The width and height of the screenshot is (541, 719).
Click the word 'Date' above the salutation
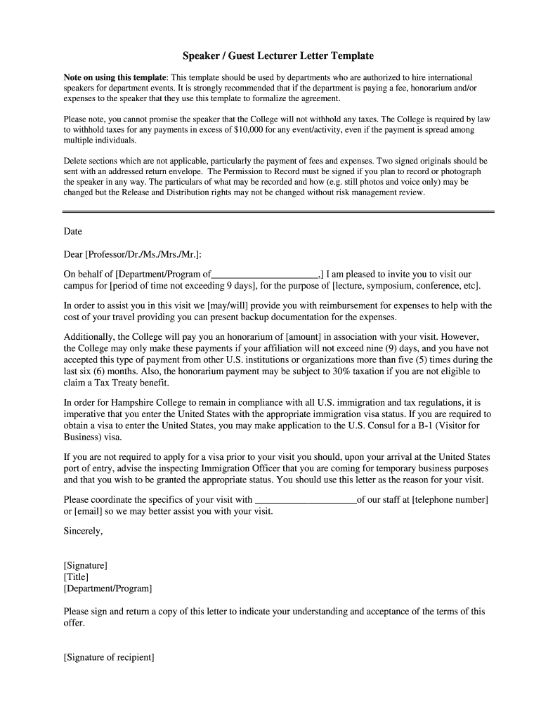tap(73, 231)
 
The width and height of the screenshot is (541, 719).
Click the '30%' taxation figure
tap(325, 371)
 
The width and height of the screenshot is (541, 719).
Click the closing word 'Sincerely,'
tap(83, 531)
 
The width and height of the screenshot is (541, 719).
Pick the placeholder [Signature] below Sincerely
tap(86, 565)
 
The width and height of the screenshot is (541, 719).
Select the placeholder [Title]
tap(76, 576)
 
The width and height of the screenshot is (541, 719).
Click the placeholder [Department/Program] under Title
tap(107, 588)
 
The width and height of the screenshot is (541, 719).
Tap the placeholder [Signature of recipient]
tap(109, 657)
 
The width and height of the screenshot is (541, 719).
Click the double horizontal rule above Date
tap(278, 211)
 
